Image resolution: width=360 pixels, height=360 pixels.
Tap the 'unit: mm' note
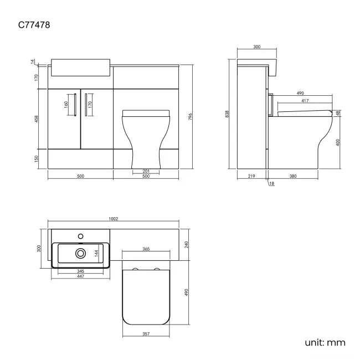(x=325, y=343)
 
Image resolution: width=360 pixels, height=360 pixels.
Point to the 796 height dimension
(x=190, y=117)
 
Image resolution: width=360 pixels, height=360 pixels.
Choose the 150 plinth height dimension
(x=37, y=159)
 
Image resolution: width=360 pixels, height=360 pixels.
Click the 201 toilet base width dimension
(x=146, y=171)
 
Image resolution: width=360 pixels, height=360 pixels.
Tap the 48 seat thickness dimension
(x=338, y=114)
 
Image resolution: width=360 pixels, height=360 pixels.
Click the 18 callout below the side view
(x=271, y=183)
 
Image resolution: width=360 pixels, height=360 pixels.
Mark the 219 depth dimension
(x=251, y=176)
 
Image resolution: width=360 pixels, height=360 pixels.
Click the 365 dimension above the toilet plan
(x=146, y=249)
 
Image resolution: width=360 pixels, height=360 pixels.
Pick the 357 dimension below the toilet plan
(x=146, y=335)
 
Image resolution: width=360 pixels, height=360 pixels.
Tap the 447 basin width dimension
(x=81, y=276)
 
